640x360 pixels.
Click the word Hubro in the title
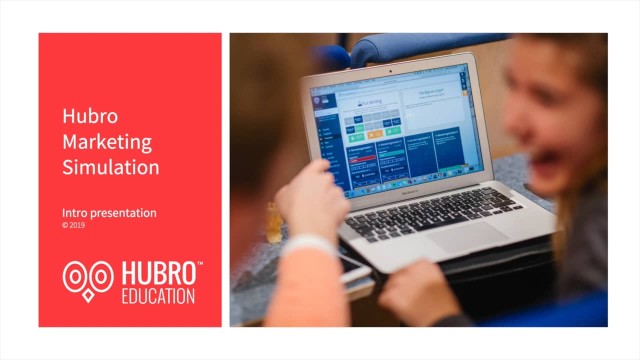point(90,116)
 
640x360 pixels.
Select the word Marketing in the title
point(107,142)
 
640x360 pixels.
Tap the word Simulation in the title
point(110,167)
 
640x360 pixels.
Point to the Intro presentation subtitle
point(109,213)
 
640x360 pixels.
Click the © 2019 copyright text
point(73,225)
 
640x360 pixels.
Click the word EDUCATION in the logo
point(158,295)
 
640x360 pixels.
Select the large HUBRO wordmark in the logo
point(158,274)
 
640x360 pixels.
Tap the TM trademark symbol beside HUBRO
point(199,263)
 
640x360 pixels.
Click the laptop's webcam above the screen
point(391,71)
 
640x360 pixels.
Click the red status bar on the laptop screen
point(362,157)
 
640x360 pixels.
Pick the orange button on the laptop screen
point(374,134)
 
